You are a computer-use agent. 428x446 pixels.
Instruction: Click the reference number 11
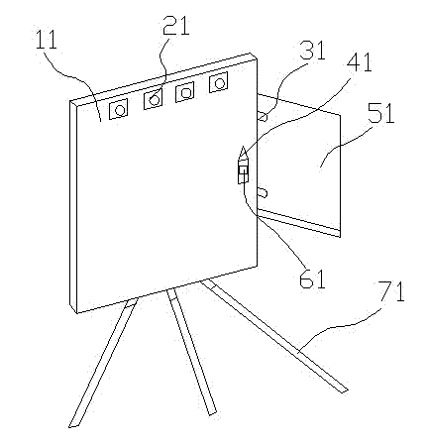coord(46,40)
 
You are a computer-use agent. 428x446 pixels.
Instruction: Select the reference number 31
coord(312,50)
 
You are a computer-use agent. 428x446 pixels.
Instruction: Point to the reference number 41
coord(359,61)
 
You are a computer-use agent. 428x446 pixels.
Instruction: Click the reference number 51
coord(381,113)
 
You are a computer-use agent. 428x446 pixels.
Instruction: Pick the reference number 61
coord(312,278)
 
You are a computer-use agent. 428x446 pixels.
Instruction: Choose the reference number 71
coord(391,291)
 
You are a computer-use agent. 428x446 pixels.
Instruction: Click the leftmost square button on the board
coord(118,109)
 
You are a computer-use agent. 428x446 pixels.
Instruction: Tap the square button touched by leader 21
coord(154,100)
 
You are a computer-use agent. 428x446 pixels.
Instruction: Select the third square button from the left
coord(184,92)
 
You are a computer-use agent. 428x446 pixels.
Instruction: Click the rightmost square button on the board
coord(218,82)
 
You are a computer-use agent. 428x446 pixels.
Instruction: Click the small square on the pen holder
coord(244,170)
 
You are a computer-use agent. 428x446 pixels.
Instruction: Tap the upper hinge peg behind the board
coord(263,116)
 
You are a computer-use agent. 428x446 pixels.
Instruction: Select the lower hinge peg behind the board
coord(263,192)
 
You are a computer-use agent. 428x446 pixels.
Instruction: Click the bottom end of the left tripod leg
coord(73,425)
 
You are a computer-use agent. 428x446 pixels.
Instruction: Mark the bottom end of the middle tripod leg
coord(212,412)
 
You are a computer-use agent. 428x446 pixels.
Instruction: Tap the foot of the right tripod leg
coord(344,390)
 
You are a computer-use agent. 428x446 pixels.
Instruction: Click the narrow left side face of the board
coord(73,207)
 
